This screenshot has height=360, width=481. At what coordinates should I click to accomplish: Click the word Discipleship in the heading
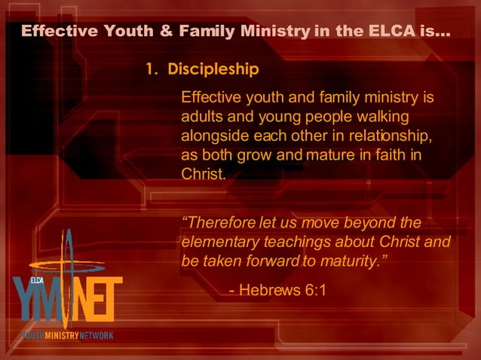coord(213,69)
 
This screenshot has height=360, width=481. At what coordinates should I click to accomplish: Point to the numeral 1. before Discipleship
coord(152,69)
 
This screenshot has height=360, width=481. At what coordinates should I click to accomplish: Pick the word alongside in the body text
coord(214,136)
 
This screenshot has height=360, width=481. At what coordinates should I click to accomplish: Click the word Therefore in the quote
coord(220,223)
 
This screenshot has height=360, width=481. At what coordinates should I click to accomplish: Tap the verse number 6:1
coord(314,290)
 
